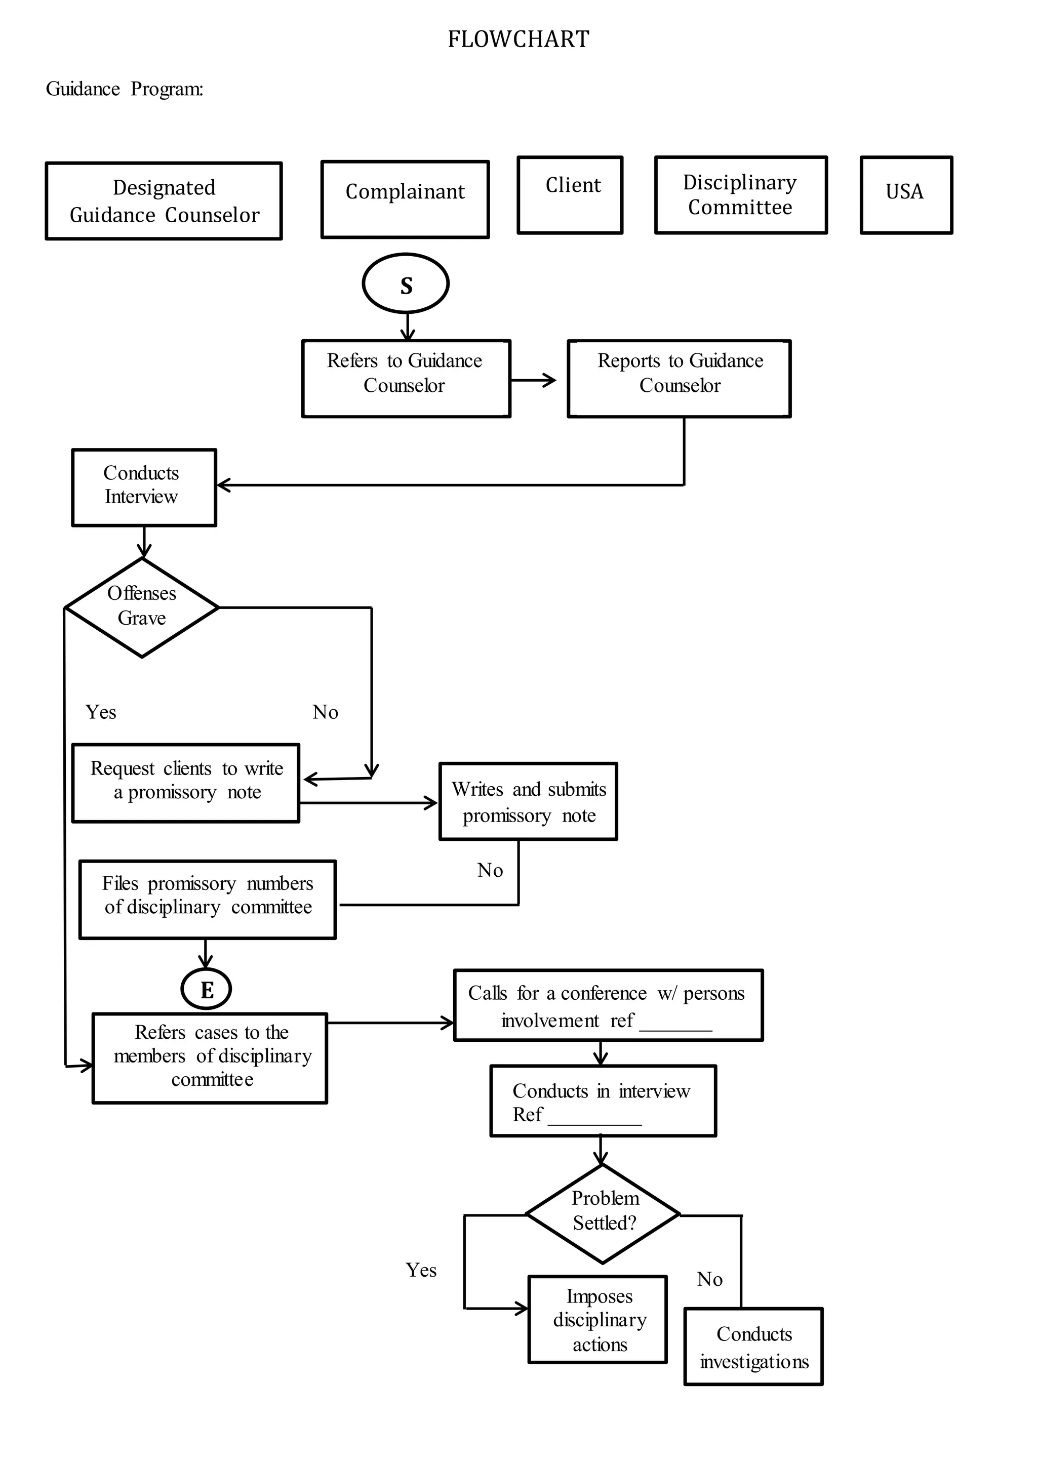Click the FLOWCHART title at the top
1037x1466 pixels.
[518, 39]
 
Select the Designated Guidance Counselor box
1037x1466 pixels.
[164, 200]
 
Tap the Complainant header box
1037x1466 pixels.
[405, 199]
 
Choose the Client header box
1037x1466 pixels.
[570, 195]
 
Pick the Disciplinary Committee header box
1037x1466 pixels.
[741, 195]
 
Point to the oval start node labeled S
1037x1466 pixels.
[406, 283]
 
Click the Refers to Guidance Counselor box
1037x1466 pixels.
[406, 379]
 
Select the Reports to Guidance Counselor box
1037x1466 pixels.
[679, 379]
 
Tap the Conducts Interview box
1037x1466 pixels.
[144, 487]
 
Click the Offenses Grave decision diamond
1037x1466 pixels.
[142, 607]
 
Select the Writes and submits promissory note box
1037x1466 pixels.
[528, 801]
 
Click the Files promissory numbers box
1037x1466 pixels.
[208, 900]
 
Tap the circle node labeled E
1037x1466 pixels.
[206, 989]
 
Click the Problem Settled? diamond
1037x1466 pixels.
[603, 1214]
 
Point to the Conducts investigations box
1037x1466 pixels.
[753, 1347]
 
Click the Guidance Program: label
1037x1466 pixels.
[125, 89]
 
